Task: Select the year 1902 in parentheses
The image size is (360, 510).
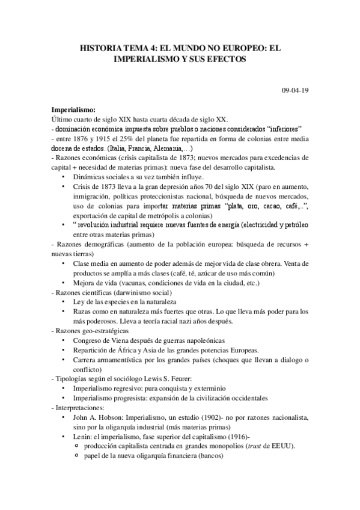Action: coord(189,416)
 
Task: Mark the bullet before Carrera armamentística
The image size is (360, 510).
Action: coord(65,359)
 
